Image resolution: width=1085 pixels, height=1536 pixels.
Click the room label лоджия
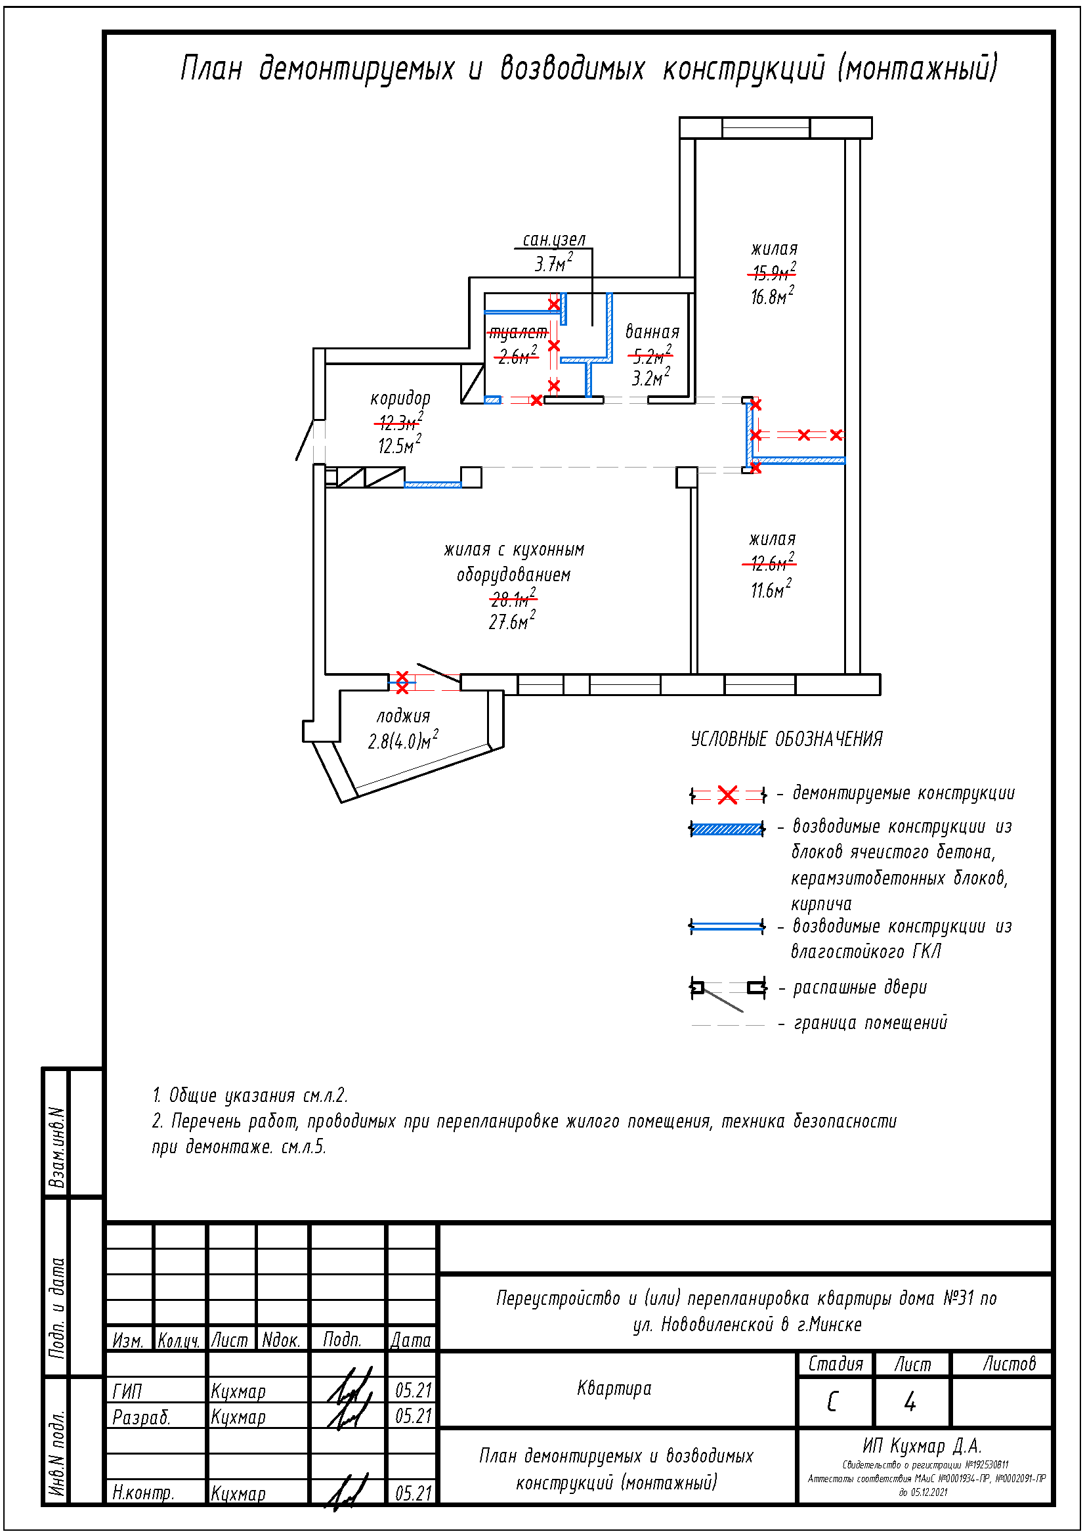[x=402, y=716]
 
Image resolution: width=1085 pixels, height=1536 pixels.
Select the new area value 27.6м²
[x=511, y=621]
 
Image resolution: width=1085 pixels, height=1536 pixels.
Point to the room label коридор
[x=400, y=399]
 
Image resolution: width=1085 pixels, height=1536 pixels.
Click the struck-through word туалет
[x=517, y=332]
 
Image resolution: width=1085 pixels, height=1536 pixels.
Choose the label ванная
[x=652, y=332]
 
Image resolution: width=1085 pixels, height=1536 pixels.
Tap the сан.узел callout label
[x=553, y=240]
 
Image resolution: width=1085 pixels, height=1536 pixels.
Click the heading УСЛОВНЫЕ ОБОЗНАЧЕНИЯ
[x=786, y=739]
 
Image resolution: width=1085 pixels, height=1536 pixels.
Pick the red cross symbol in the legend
[x=727, y=795]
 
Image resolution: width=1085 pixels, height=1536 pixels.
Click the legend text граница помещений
[x=870, y=1023]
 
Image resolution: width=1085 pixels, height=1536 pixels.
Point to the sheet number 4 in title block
[x=910, y=1401]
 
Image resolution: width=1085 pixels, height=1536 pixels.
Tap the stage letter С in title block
[x=832, y=1401]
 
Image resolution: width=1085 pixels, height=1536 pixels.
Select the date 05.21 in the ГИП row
[x=413, y=1391]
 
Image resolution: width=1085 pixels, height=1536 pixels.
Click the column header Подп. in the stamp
[x=342, y=1339]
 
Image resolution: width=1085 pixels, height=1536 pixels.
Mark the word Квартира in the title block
[x=614, y=1388]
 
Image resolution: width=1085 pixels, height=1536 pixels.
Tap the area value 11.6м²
[x=771, y=589]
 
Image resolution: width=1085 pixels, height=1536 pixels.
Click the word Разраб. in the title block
[x=142, y=1417]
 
